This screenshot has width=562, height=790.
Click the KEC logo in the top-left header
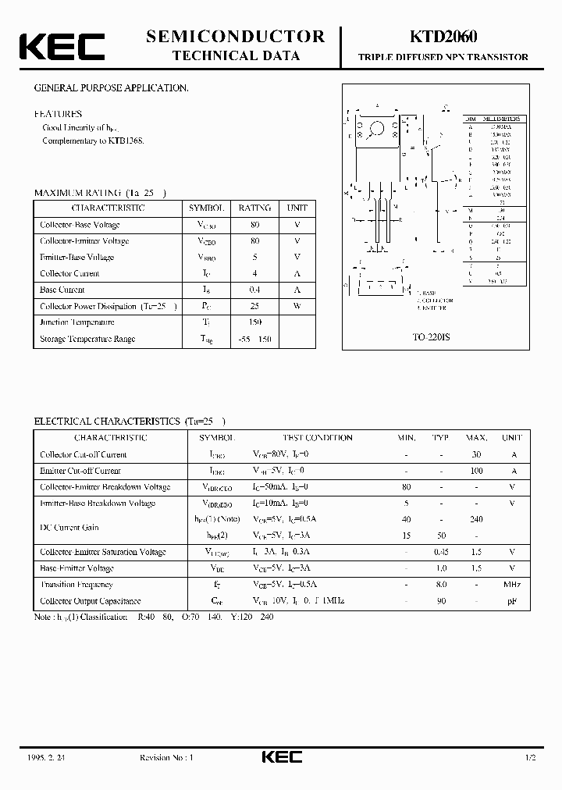point(62,46)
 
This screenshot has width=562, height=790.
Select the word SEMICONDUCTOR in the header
point(235,36)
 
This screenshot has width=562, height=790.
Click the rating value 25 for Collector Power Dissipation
point(254,306)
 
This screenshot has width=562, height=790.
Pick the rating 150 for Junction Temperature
point(254,322)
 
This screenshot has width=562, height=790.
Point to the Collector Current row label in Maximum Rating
point(69,273)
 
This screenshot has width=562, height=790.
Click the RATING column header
point(254,208)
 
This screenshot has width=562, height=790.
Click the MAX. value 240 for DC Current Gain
point(477,519)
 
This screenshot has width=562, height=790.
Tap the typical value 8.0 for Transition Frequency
point(441,585)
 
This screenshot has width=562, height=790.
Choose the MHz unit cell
point(511,585)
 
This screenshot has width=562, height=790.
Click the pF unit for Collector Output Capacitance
point(511,601)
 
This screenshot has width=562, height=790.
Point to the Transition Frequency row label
point(76,585)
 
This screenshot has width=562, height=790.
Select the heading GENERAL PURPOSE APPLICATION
point(111,88)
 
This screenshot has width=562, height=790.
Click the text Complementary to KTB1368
point(93,141)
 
